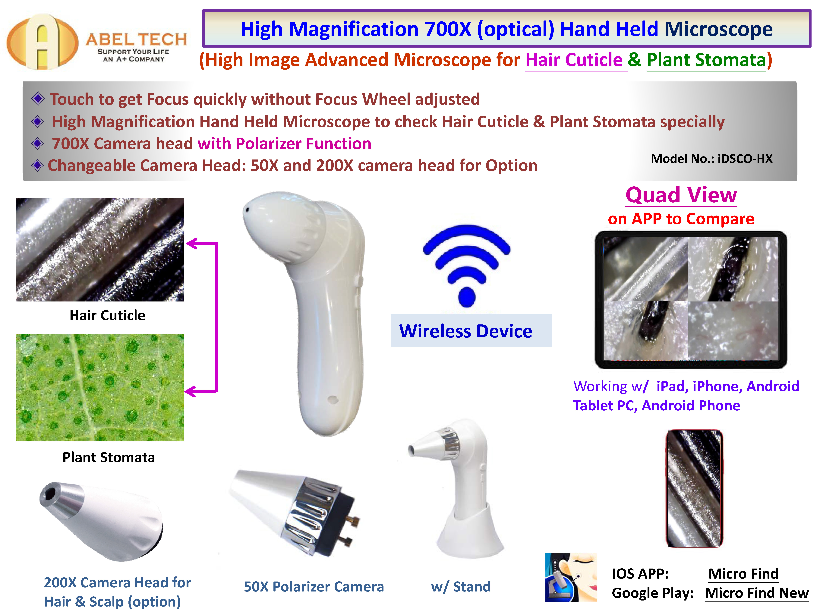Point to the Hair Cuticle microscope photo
click(x=100, y=249)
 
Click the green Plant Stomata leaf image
click(x=100, y=387)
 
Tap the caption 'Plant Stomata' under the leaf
click(x=109, y=457)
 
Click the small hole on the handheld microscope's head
click(x=246, y=210)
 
